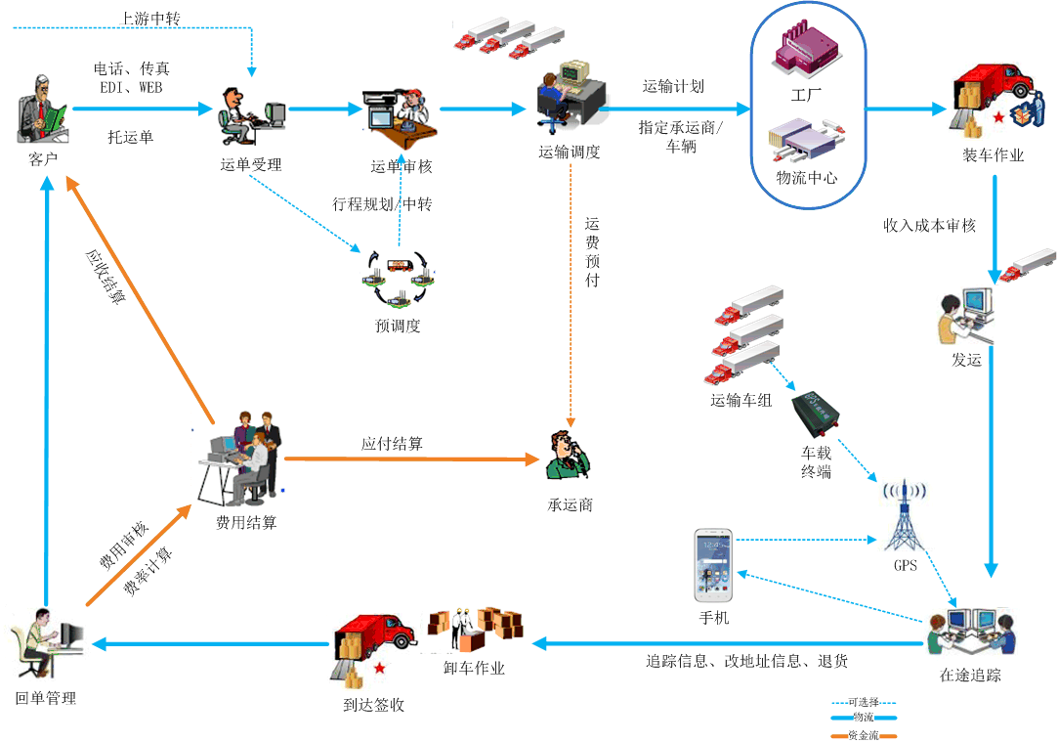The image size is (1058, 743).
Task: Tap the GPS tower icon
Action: coord(905,516)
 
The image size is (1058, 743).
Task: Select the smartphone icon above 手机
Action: coord(713,566)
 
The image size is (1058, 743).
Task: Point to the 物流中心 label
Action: coord(806,178)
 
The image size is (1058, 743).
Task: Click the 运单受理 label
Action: coord(251,164)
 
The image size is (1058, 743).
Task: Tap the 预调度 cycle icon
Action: coord(398,279)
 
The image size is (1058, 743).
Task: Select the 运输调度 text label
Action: coord(570,152)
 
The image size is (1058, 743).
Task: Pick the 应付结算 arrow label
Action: coord(392,443)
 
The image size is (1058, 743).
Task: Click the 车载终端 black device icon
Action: coord(819,413)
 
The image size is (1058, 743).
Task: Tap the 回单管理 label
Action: coord(46,698)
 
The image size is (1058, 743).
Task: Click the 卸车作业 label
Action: coord(474,669)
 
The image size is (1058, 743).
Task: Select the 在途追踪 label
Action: coord(970,675)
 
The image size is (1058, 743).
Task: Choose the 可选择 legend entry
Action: coord(865,702)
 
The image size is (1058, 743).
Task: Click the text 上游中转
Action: coord(150,19)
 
